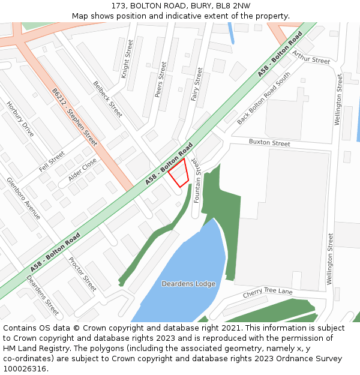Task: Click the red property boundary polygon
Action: (179, 173)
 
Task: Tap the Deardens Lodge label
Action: (188, 283)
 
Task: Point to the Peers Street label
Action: (160, 79)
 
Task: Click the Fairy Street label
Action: (196, 84)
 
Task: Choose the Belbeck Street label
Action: (108, 99)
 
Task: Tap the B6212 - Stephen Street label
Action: (74, 118)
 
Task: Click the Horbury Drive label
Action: (20, 119)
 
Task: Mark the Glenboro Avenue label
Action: (23, 198)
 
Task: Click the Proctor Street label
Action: (82, 274)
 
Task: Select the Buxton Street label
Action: (269, 143)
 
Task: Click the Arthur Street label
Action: (311, 57)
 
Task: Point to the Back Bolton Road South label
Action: (263, 98)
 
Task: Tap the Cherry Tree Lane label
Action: (268, 293)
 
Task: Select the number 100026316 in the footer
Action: (25, 369)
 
